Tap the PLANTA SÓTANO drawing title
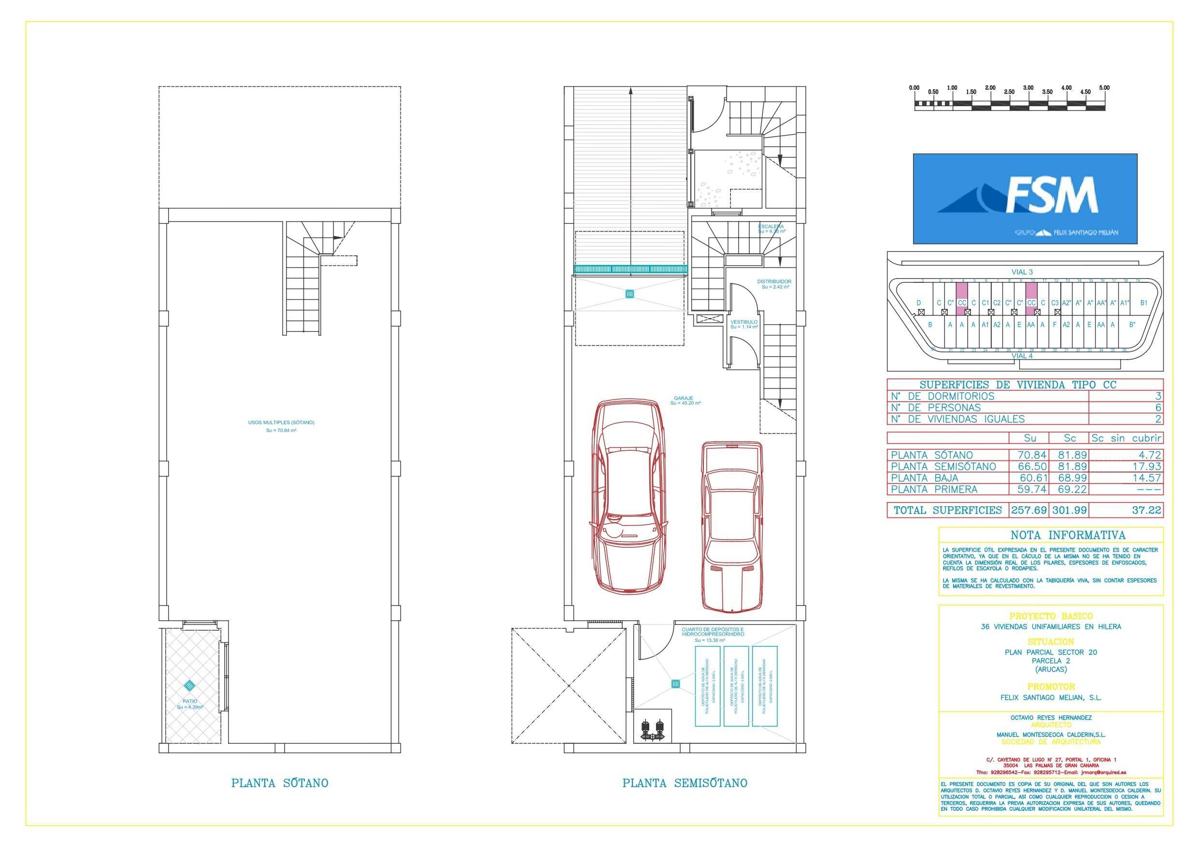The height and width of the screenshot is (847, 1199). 279,783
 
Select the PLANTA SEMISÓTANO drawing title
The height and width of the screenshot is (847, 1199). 685,783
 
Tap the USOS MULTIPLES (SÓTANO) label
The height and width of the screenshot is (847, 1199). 281,423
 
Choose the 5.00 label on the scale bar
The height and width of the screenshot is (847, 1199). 1104,88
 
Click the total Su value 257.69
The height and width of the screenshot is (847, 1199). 1029,510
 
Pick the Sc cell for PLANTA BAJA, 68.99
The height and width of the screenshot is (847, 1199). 1070,477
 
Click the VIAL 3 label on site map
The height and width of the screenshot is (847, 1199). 1022,272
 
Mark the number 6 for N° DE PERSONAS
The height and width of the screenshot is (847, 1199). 1158,408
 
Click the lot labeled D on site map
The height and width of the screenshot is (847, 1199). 918,303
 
